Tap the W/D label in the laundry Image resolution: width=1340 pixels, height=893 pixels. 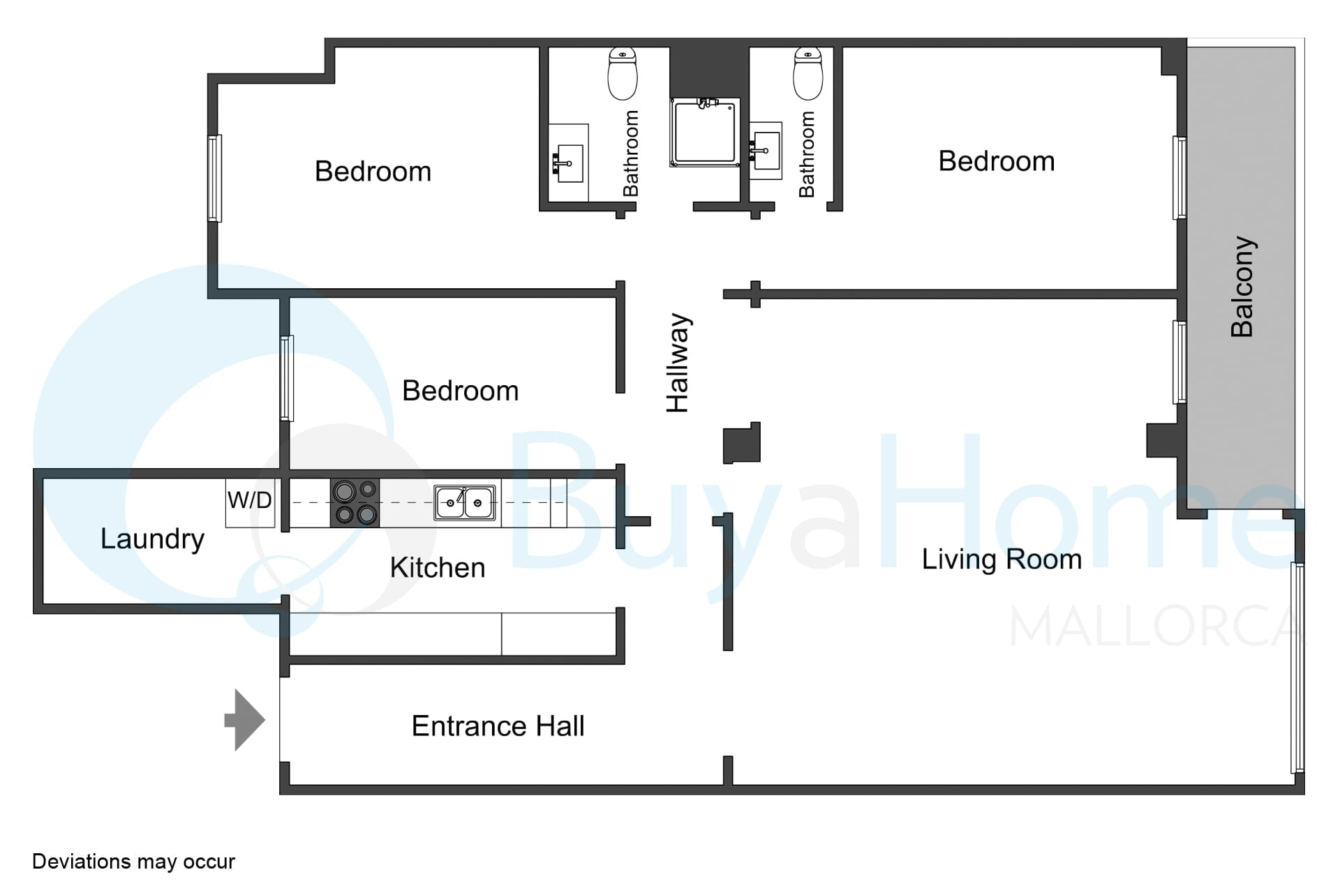point(249,500)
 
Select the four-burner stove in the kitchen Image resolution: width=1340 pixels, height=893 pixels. point(355,502)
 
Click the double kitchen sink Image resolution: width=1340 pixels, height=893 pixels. point(465,502)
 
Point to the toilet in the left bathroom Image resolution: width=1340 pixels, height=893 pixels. point(623,73)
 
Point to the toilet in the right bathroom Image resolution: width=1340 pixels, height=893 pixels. point(808,73)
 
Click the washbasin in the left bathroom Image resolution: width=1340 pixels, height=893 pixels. point(568,163)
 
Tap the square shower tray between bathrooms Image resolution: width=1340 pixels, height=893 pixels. point(705,133)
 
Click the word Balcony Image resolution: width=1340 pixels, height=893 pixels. point(1242,287)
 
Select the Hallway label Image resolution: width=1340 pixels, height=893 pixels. point(678,363)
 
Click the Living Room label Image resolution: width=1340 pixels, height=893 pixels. point(1002,560)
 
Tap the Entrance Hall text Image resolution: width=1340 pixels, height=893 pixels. point(498,726)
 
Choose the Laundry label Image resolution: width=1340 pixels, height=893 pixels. point(152,539)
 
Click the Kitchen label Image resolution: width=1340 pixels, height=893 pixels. point(438,568)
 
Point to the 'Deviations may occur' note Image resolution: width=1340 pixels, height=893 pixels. point(133,862)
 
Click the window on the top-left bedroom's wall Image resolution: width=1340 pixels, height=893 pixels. point(215,179)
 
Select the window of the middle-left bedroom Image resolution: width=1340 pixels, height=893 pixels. point(286,378)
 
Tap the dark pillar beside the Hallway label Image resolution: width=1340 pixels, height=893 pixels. point(741,443)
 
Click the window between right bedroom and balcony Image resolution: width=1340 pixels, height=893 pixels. point(1179,178)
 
